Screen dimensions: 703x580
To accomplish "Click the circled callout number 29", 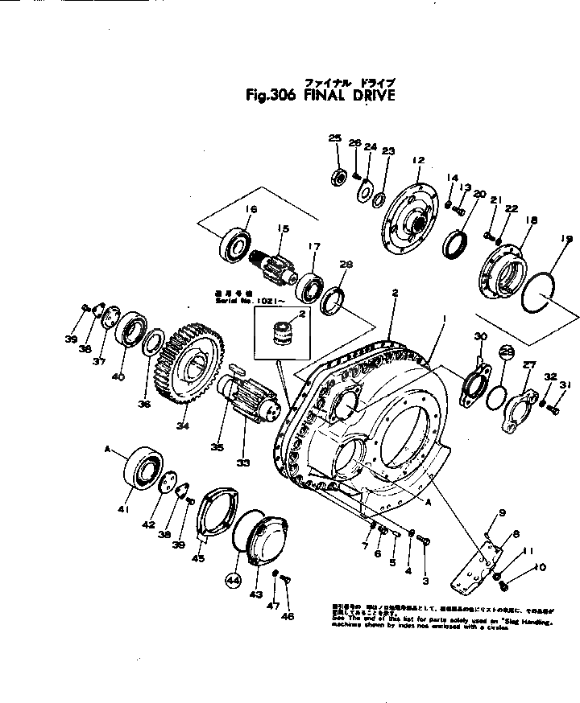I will [506, 351].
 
